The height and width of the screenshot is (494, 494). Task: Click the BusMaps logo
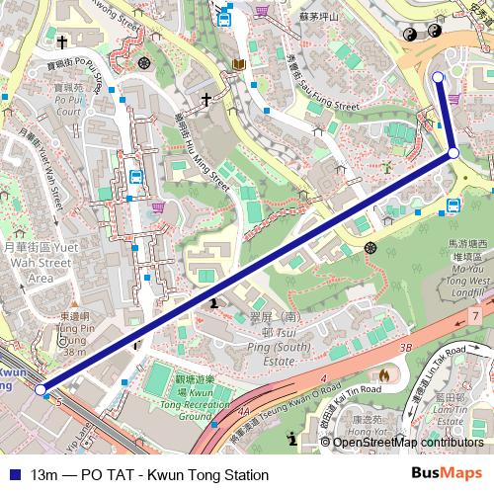click(448, 474)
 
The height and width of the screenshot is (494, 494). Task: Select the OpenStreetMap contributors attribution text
click(408, 442)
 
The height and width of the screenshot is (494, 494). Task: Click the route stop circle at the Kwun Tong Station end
click(41, 390)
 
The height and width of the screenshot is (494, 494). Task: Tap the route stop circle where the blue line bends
click(453, 153)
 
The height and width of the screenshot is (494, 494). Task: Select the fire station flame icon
click(383, 375)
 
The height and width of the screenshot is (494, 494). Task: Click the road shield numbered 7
click(476, 315)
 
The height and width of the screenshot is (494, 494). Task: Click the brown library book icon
click(238, 65)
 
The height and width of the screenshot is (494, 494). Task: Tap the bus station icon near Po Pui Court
click(134, 178)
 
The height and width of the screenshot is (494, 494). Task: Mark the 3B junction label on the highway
click(404, 349)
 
